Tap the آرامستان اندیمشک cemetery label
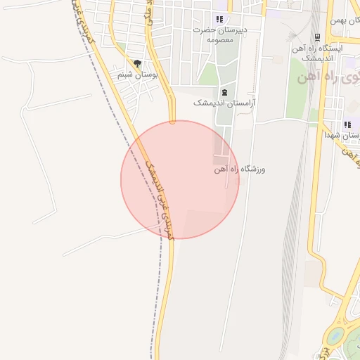pos(225,103)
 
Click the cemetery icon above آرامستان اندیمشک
pos(224,92)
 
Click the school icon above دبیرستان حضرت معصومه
pos(219,20)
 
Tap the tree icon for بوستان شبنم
pos(137,63)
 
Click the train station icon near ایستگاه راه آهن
pos(317,37)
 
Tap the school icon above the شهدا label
pos(347,124)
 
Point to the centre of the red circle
pos(180,180)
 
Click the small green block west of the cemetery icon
pos(208,75)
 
